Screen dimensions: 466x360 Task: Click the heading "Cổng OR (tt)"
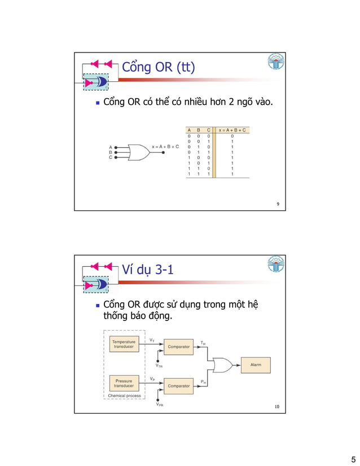159,68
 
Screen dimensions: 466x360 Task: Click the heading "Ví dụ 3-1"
148,271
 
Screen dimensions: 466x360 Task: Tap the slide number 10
276,407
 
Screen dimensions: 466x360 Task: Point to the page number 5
353,458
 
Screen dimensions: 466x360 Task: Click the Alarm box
255,364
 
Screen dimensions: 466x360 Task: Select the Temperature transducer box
123,344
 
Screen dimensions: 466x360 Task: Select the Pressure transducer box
123,384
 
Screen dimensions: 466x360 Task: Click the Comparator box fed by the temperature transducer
178,346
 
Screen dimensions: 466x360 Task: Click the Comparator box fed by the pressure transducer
178,386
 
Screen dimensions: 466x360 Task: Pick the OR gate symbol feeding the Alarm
220,364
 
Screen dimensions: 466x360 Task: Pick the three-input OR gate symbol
137,151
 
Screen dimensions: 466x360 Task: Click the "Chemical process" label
124,396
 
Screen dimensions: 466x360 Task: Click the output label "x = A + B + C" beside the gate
165,146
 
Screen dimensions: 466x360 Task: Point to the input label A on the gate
111,146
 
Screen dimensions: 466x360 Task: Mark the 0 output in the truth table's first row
232,136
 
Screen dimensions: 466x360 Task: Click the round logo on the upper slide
275,63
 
